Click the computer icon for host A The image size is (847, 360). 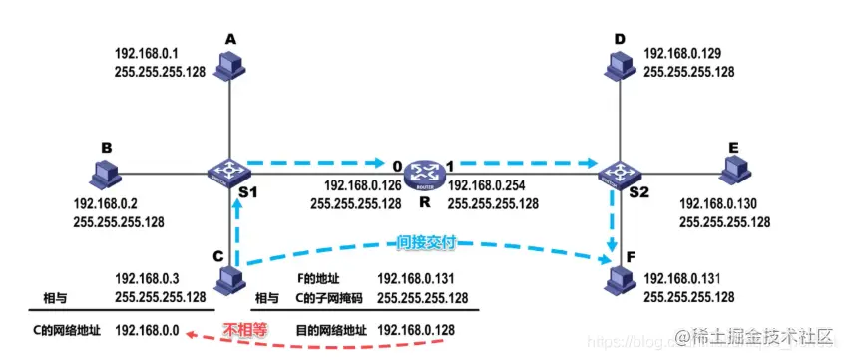(231, 65)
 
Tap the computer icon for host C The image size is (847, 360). (231, 278)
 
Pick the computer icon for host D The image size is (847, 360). (617, 65)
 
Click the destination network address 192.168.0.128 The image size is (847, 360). (422, 328)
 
